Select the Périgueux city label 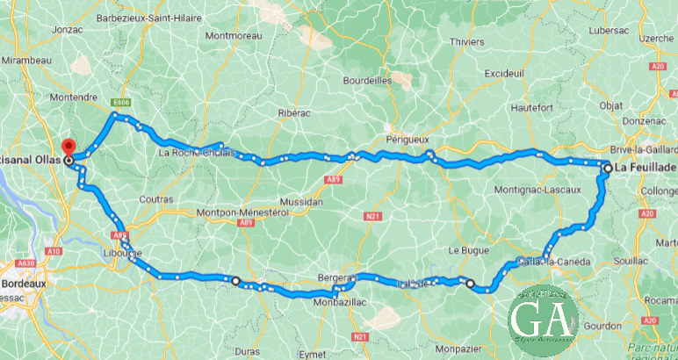(x=407, y=139)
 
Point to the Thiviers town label (x=465, y=40)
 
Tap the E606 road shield (x=122, y=101)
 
